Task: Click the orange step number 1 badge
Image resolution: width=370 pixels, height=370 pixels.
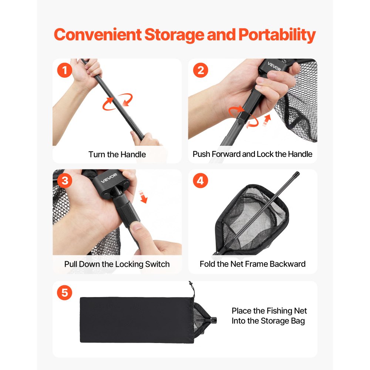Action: (x=65, y=70)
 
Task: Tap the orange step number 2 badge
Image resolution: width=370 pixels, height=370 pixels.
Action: (x=201, y=70)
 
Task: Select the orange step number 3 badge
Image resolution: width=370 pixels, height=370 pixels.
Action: (x=65, y=181)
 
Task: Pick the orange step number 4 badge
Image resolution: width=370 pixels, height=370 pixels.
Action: (x=201, y=181)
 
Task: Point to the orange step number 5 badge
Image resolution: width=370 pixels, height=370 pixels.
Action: (x=65, y=293)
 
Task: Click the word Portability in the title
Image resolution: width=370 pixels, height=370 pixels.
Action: (x=277, y=35)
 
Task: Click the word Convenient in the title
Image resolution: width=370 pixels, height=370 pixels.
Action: (x=97, y=35)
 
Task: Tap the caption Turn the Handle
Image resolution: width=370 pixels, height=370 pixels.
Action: (x=117, y=154)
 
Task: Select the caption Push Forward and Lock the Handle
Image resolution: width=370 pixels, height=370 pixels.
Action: (x=252, y=154)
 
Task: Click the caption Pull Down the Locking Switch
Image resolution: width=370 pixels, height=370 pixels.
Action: (x=117, y=264)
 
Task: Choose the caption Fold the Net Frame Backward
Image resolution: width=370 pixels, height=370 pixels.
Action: (x=252, y=264)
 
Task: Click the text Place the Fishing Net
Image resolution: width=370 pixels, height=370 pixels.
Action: (x=269, y=311)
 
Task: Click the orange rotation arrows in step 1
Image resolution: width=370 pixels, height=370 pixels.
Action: (x=117, y=102)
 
